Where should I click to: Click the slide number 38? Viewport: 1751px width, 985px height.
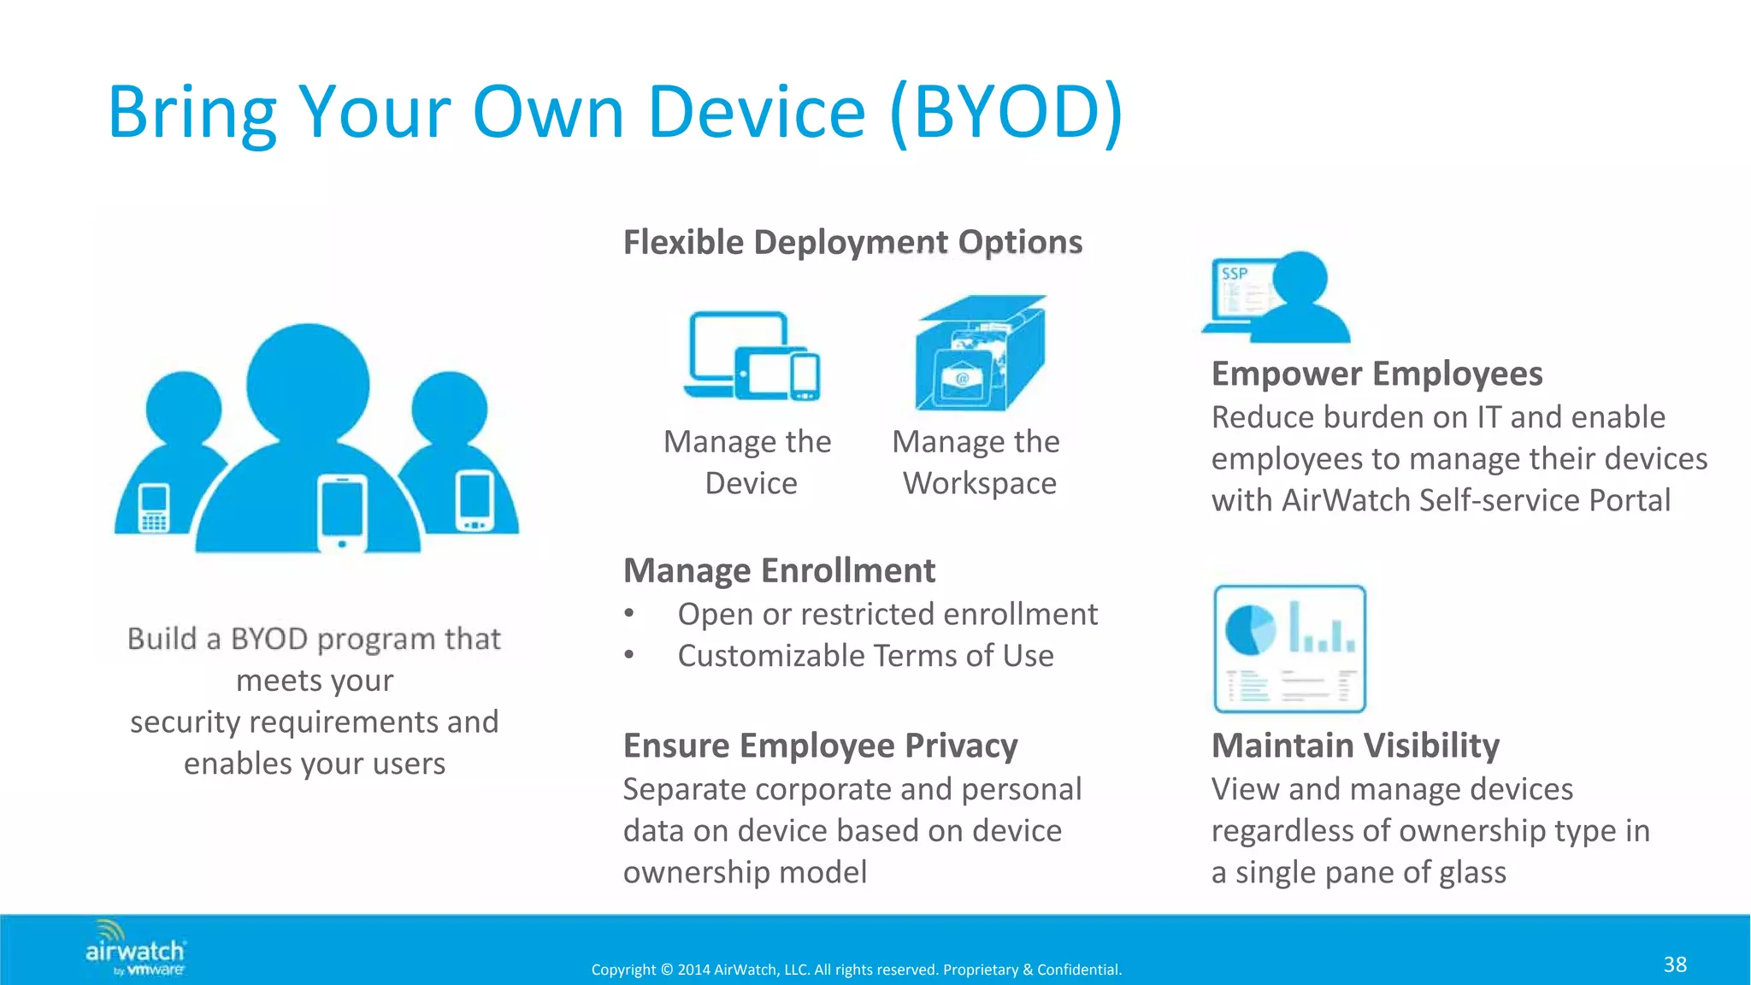click(x=1674, y=964)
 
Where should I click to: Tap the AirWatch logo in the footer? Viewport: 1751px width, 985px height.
click(x=135, y=949)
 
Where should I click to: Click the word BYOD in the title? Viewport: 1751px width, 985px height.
click(x=1005, y=112)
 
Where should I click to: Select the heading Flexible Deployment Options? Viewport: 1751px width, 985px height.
click(x=852, y=242)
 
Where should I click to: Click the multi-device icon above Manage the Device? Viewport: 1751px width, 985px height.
click(x=752, y=357)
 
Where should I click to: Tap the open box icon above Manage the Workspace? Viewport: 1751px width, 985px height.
click(x=980, y=354)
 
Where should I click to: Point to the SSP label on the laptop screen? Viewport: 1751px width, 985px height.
click(x=1234, y=274)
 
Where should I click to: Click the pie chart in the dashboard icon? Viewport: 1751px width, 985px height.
click(x=1249, y=630)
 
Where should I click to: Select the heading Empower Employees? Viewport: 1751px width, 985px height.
click(x=1377, y=374)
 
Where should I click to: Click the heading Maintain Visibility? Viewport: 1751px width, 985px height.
click(x=1355, y=746)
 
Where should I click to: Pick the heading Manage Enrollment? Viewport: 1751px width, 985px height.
click(x=779, y=570)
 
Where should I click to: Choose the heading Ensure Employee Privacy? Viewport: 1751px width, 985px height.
click(x=820, y=746)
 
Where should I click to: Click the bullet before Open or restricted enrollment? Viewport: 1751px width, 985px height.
click(x=629, y=613)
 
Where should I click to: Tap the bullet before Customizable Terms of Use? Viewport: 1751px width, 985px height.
click(x=629, y=655)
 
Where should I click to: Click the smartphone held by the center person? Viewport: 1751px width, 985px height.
click(x=342, y=514)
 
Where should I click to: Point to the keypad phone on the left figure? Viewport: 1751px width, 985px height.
click(x=154, y=508)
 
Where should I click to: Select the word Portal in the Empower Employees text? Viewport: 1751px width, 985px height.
click(x=1629, y=500)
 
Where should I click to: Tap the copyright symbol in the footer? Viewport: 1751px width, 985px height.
click(x=666, y=970)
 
